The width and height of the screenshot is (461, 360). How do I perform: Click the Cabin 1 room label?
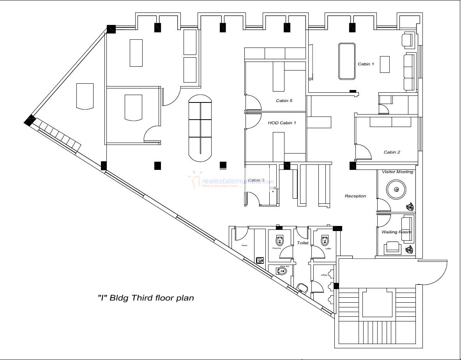point(366,64)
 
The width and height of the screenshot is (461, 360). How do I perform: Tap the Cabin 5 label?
point(284,101)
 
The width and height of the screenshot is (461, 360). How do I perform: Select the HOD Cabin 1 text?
point(282,123)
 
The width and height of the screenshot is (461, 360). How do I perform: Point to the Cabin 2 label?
point(392,152)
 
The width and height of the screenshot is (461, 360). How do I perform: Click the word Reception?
point(355,196)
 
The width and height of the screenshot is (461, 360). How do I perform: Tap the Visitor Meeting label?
point(397,172)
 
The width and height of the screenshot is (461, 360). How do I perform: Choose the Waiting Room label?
point(396,232)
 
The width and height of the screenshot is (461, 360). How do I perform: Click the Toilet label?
point(303,243)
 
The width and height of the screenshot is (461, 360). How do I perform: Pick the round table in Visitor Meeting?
point(396,190)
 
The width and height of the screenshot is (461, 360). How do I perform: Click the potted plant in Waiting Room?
point(410,249)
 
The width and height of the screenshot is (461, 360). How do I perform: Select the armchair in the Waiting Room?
point(392,248)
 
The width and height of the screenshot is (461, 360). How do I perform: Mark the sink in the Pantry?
point(260,260)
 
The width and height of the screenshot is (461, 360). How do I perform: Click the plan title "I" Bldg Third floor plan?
point(145,298)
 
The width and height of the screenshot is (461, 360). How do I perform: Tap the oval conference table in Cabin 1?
point(346,61)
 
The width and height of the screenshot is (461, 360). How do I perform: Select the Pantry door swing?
point(240,233)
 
